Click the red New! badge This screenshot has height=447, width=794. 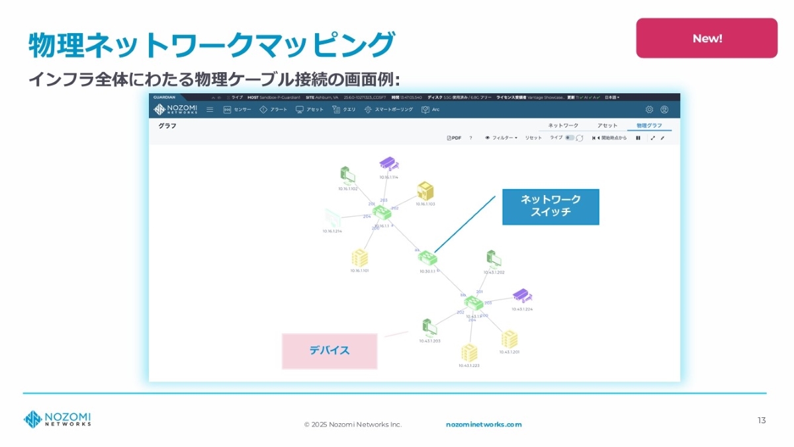click(x=707, y=38)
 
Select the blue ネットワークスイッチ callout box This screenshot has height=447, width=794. click(x=551, y=207)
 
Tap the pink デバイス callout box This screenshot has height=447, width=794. click(x=330, y=350)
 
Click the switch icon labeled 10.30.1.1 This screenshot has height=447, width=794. click(x=427, y=257)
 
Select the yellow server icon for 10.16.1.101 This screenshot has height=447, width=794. click(x=359, y=257)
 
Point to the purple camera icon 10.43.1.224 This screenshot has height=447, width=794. click(x=522, y=296)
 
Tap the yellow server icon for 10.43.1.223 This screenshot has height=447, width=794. click(x=468, y=352)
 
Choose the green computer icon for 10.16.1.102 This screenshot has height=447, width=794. click(x=347, y=175)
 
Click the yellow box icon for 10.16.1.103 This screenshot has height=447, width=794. click(x=425, y=191)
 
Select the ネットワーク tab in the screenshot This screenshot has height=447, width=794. click(x=563, y=126)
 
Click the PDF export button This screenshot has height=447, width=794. click(x=454, y=138)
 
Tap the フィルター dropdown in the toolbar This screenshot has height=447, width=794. click(x=502, y=138)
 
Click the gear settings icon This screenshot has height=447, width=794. click(x=649, y=110)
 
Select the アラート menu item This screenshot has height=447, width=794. click(x=273, y=110)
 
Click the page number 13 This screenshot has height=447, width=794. click(x=762, y=421)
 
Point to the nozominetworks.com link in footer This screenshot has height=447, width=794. click(x=484, y=425)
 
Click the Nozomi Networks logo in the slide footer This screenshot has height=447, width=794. click(x=58, y=419)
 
